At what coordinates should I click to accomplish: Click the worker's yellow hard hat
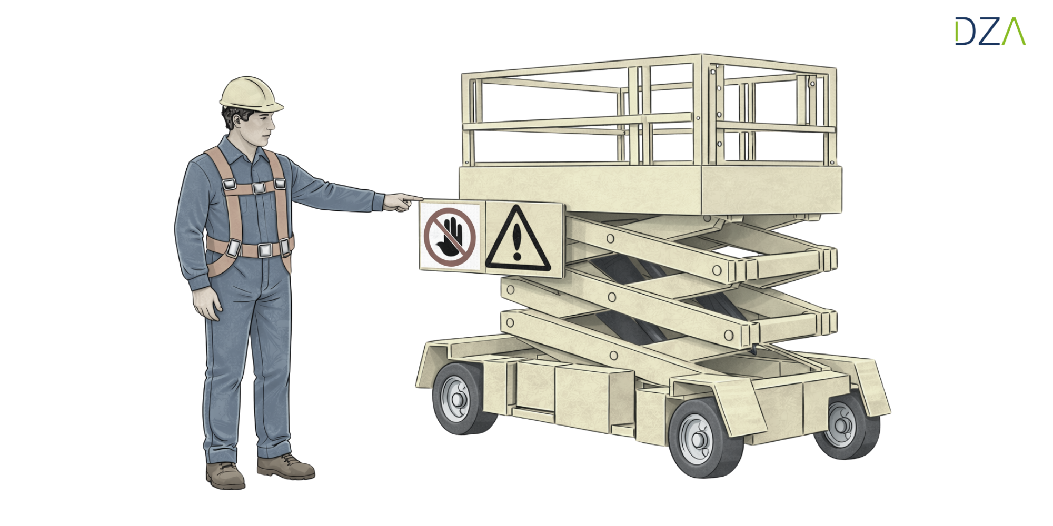point(251,95)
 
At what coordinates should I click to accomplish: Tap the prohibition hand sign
point(450,237)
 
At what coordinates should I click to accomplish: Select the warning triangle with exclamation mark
point(518,239)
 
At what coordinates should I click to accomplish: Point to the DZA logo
point(990,31)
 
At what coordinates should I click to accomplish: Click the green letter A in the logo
point(1014,31)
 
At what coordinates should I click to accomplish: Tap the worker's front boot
point(285,467)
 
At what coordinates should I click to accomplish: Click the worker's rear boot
point(225,476)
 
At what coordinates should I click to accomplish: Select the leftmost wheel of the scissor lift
point(461,399)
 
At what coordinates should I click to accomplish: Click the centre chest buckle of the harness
point(258,187)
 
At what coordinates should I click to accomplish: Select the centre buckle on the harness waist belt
point(265,250)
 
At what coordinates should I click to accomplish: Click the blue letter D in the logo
point(966,31)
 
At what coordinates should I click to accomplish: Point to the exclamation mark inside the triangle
point(517,242)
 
